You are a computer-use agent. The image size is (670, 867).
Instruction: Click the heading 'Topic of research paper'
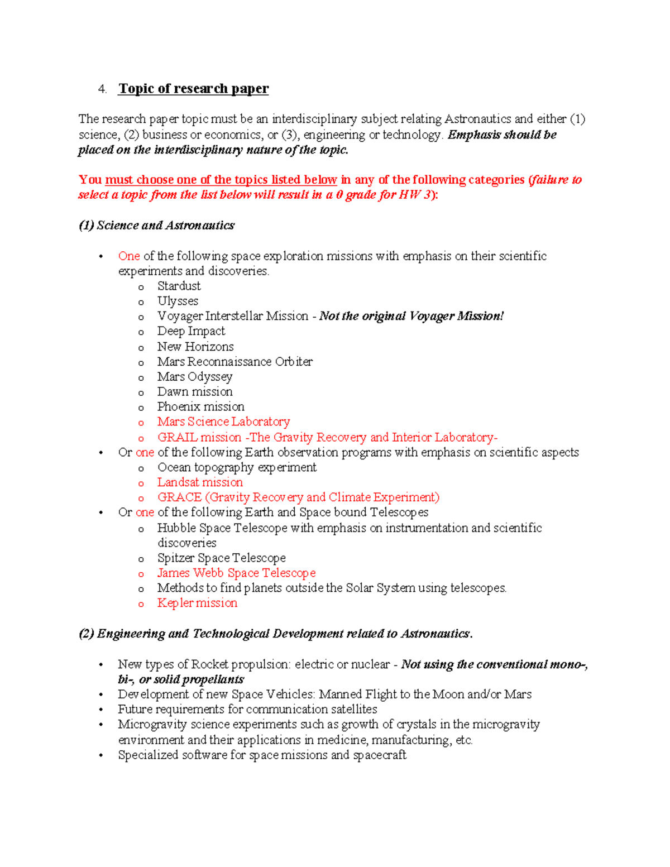193,89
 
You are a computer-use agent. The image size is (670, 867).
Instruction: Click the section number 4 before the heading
102,89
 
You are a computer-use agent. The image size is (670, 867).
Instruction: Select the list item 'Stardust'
179,286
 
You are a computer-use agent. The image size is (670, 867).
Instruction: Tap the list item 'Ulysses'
178,301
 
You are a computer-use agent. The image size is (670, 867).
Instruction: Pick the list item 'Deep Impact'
191,331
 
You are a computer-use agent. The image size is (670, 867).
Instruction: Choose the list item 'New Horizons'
195,347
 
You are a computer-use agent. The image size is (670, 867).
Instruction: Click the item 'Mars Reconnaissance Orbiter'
234,362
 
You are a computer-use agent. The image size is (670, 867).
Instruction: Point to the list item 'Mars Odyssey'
194,377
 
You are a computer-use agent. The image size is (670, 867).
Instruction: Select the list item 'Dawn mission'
195,392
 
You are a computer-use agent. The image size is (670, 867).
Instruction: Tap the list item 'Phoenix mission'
200,407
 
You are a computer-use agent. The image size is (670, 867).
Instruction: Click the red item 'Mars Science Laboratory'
223,422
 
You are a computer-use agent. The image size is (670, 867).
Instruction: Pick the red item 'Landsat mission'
200,482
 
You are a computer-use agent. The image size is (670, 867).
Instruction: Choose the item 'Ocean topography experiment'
237,467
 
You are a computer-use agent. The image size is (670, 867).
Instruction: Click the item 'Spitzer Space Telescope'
221,558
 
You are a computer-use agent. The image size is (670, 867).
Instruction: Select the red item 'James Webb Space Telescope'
236,573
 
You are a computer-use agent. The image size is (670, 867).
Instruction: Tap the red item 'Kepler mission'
197,603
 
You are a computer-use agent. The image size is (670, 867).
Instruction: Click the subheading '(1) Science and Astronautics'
156,226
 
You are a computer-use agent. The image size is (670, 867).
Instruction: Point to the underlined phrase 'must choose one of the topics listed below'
221,180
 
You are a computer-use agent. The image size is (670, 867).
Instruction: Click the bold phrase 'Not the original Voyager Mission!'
411,317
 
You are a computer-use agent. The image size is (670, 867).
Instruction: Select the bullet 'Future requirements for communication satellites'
247,710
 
